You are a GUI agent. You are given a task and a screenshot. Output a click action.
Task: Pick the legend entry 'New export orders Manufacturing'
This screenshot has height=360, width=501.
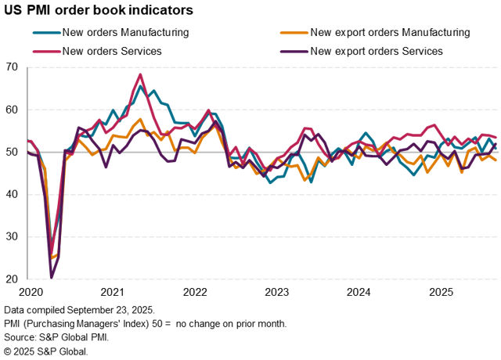coord(390,33)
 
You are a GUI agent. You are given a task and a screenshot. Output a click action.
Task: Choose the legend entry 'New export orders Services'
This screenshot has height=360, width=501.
coord(377,51)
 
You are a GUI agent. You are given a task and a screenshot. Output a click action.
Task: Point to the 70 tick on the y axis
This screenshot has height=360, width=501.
coord(13,67)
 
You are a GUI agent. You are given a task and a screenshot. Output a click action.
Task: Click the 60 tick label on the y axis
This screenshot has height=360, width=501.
coord(13,110)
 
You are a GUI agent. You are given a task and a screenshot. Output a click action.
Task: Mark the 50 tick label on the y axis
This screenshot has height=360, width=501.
coord(13,152)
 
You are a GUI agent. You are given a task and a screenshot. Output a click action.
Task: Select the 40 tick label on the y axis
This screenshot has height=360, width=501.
coord(13,194)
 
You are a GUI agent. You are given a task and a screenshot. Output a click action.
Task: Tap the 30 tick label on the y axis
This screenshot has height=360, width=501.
coord(13,236)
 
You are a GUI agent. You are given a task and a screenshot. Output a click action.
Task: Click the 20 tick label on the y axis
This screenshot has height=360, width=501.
coord(13,279)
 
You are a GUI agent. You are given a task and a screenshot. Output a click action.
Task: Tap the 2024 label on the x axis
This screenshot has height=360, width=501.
coord(359,292)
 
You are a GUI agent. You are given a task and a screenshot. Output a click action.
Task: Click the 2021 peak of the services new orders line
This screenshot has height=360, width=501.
coord(140,75)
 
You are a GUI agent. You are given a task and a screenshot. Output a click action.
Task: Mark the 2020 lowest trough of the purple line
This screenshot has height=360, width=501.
coord(52,277)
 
